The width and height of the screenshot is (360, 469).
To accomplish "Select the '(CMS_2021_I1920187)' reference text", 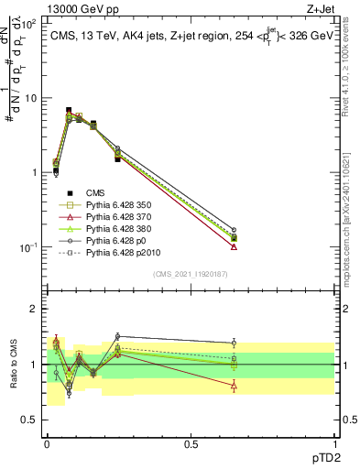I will pos(191,273).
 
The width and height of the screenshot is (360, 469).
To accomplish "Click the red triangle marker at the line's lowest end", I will pos(235,246).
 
